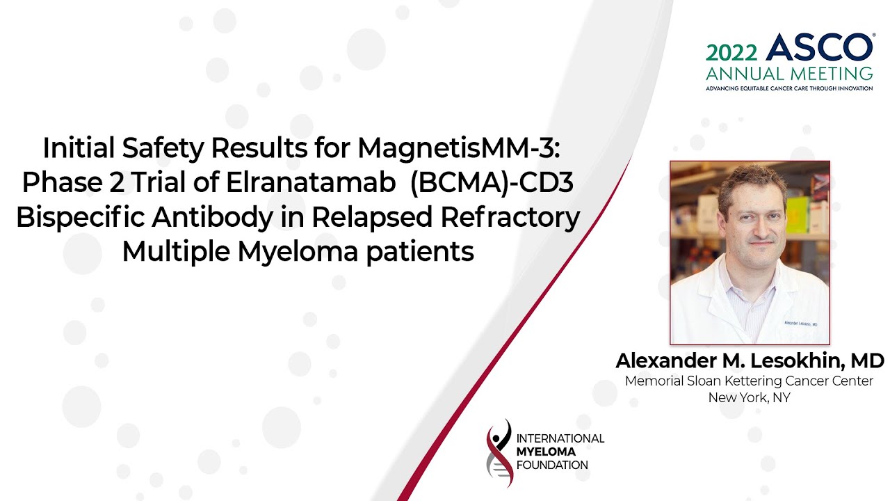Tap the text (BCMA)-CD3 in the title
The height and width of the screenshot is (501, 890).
click(x=492, y=182)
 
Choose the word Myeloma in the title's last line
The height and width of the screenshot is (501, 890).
click(x=302, y=251)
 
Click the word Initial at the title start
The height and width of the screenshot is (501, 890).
click(x=79, y=148)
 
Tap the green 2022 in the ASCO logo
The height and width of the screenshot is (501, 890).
click(x=733, y=53)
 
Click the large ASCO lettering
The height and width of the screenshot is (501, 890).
click(x=820, y=49)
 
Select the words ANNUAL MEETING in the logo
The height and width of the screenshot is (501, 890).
click(x=789, y=74)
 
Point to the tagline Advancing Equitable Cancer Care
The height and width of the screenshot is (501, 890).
click(x=789, y=88)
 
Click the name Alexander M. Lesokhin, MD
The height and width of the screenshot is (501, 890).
click(x=750, y=361)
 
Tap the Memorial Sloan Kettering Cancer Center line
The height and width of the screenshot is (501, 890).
click(x=749, y=381)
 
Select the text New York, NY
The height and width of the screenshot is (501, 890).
click(x=749, y=398)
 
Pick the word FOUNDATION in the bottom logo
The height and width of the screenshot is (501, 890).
click(x=552, y=465)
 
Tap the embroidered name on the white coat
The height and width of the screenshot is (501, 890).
click(x=798, y=324)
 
